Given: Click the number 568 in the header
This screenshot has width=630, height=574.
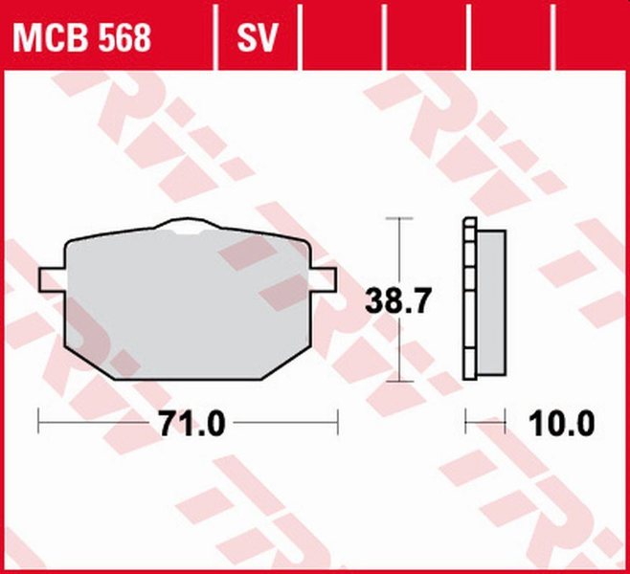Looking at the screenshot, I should [125, 38].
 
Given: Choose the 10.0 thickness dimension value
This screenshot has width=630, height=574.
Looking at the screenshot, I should [560, 422].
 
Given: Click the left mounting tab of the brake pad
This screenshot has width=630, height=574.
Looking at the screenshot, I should [50, 279].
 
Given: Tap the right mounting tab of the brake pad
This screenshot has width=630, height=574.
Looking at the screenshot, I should [325, 279].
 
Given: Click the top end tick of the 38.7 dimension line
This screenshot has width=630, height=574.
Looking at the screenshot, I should [398, 219].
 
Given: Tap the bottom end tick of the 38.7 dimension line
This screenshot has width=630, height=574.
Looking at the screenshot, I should [398, 381].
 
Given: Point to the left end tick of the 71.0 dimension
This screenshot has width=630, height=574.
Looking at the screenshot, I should [38, 421].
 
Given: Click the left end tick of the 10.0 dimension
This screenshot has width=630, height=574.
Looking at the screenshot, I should [465, 421].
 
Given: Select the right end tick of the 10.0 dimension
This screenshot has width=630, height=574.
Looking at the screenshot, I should [505, 421].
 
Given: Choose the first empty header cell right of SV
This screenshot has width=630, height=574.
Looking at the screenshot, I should [342, 38].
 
